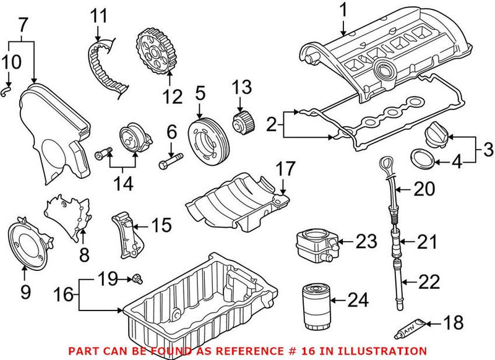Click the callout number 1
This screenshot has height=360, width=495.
343,11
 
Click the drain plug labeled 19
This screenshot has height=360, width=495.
133,280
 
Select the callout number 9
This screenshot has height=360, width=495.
25,291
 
